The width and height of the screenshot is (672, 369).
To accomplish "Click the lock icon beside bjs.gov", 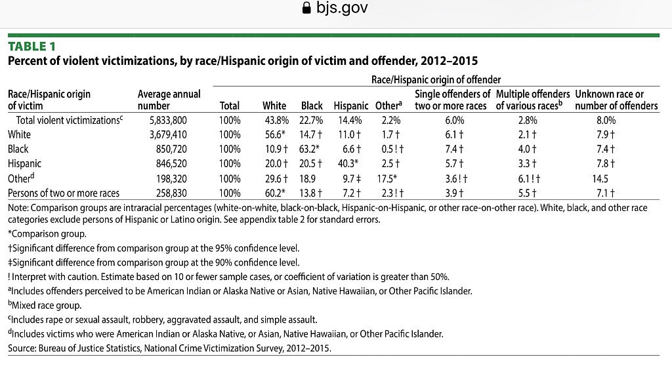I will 304,9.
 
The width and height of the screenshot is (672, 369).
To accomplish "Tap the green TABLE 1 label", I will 31,46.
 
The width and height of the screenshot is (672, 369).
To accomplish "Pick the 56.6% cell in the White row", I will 274,135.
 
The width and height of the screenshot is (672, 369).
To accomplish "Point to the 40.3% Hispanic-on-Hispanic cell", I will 349,164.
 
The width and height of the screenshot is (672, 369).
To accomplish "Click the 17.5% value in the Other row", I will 388,178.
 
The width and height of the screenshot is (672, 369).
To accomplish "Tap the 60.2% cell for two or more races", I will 274,193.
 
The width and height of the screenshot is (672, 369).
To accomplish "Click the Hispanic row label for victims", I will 24,164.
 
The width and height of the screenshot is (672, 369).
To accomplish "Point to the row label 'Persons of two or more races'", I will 68,193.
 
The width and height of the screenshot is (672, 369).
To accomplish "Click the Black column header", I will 312,106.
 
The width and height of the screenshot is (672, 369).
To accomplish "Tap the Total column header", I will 230,106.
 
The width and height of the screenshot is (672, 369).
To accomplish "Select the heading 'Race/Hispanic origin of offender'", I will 436,79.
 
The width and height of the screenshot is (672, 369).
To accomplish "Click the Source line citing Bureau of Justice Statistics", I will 169,349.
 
